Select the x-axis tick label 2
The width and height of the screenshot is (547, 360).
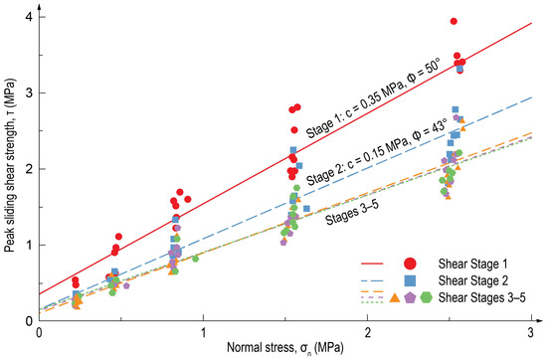(368, 332)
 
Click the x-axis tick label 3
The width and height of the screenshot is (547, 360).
(531, 332)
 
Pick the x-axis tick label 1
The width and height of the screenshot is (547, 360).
(203, 332)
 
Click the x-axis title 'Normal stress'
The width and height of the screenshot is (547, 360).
(284, 349)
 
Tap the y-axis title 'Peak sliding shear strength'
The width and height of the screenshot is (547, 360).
(9, 166)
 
